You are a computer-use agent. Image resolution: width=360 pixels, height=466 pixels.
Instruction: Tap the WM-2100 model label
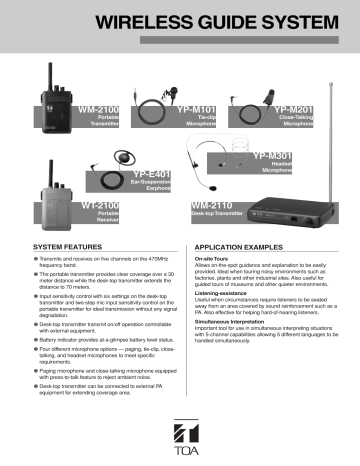[x=98, y=105]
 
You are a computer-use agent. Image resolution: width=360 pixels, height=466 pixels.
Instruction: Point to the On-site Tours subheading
[x=214, y=258]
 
